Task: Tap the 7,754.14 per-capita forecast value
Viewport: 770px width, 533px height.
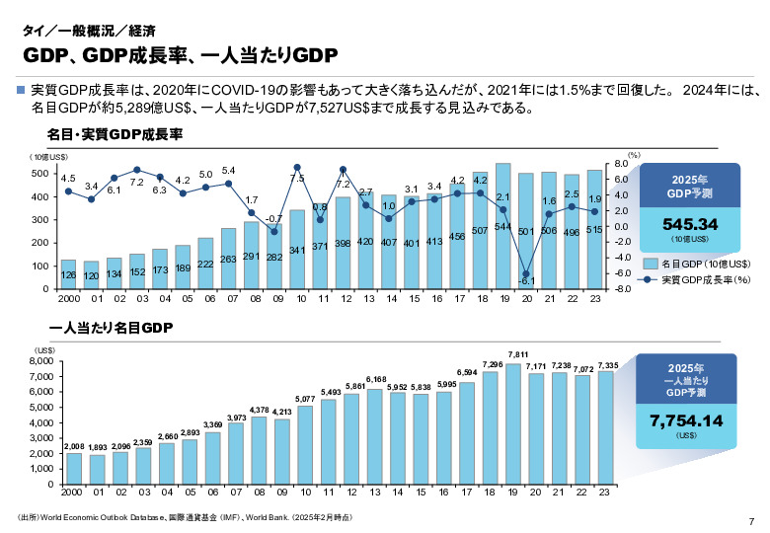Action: coord(687,420)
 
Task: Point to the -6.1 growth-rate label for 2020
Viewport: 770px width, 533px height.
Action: coord(527,281)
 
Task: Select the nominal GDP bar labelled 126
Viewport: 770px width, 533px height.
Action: coord(69,273)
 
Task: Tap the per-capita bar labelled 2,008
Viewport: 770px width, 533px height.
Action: coord(74,469)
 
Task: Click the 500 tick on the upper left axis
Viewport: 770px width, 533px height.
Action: coord(41,174)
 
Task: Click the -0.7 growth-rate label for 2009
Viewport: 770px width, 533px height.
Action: coord(275,218)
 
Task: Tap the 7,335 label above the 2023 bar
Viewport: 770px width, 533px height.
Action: coord(608,365)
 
